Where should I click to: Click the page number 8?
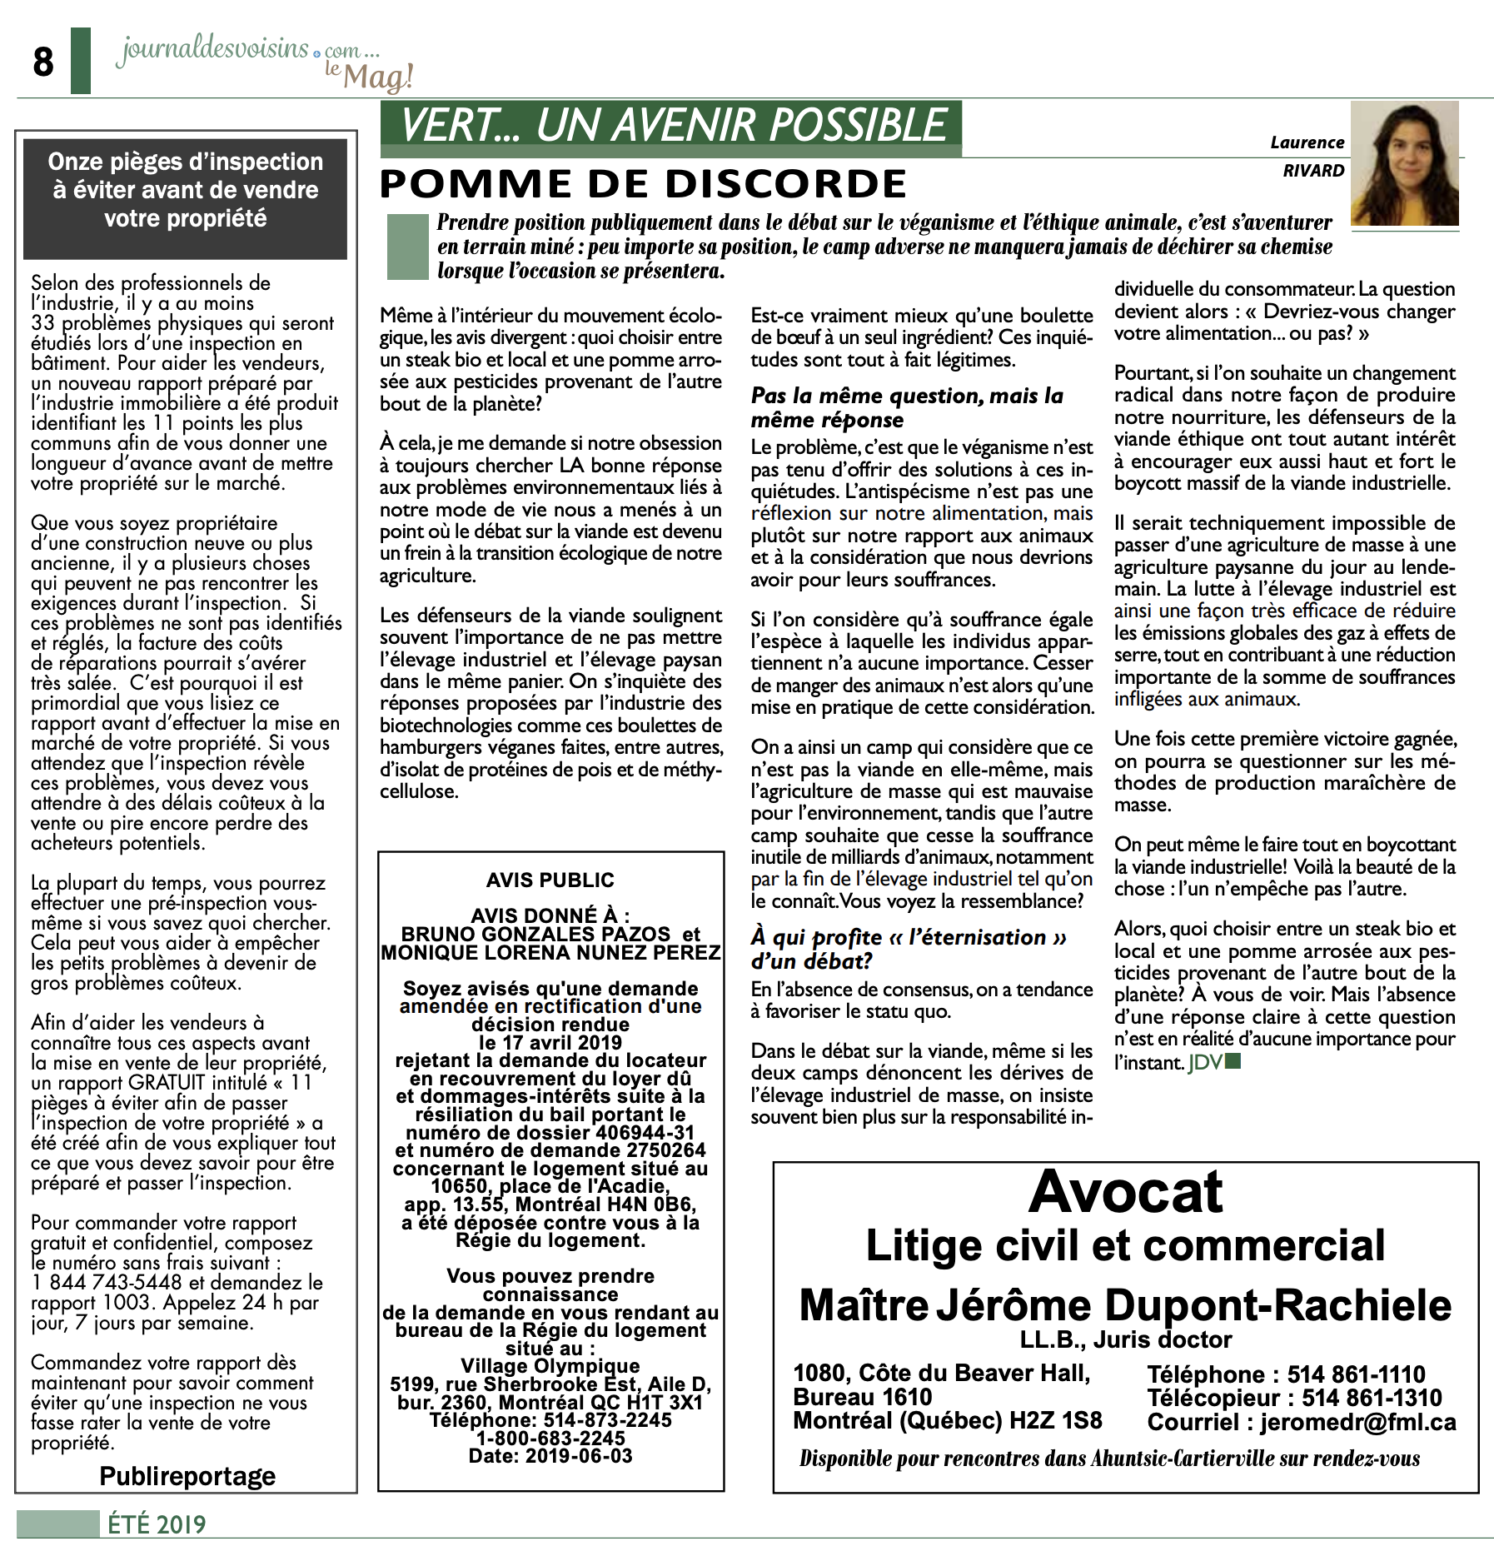coord(43,62)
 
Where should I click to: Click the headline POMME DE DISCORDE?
coord(642,184)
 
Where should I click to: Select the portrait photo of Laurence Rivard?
coord(1404,164)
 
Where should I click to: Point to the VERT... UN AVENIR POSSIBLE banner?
coord(671,127)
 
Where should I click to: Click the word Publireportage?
coord(187,1476)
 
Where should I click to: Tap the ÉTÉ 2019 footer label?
coord(157,1524)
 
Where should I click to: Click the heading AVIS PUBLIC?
coord(550,880)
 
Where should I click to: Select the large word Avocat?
coord(1126,1192)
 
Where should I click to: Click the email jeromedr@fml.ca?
coord(1357,1422)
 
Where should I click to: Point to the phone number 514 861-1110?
coord(1356,1374)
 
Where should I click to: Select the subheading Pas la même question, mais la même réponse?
coord(907,407)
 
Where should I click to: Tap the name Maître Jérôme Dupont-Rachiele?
coord(1125,1305)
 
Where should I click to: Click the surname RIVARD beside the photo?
coord(1313,171)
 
